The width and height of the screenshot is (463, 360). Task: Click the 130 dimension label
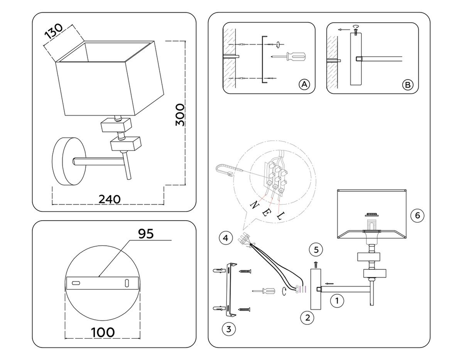[53, 31]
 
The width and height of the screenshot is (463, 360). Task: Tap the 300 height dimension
[180, 114]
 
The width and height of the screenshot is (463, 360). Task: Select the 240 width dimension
[110, 199]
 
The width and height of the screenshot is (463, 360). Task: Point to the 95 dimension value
[146, 234]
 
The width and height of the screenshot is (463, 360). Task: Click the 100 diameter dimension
[103, 333]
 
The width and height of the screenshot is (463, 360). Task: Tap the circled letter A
[304, 85]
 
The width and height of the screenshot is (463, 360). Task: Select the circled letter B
[408, 85]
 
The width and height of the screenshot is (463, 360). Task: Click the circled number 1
[337, 301]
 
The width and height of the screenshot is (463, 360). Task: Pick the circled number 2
[307, 318]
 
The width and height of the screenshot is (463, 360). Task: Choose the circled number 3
[229, 329]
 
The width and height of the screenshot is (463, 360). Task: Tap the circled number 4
[226, 238]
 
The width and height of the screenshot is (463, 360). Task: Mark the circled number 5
[316, 250]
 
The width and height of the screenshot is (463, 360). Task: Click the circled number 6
[417, 216]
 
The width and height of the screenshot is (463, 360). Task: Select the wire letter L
[280, 216]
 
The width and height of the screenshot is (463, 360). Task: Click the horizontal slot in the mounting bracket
[76, 283]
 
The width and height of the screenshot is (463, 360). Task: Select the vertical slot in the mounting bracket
[127, 283]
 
